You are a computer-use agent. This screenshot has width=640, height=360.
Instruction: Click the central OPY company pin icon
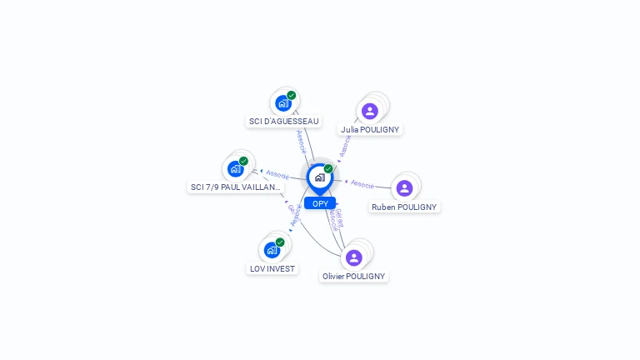click(x=319, y=177)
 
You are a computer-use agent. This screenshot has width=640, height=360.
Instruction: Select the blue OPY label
click(x=320, y=203)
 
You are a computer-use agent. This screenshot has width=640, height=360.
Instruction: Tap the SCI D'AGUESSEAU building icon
click(x=283, y=103)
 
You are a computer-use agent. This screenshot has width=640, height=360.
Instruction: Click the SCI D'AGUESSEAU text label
click(x=283, y=122)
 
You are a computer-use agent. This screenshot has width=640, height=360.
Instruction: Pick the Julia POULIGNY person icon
click(x=370, y=111)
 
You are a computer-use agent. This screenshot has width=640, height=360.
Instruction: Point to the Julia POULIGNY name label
click(x=370, y=130)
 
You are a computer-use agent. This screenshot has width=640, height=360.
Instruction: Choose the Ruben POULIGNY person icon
click(x=404, y=188)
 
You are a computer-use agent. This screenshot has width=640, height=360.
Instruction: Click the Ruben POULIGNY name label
click(x=404, y=207)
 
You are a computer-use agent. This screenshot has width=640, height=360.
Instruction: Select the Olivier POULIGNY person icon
click(x=354, y=257)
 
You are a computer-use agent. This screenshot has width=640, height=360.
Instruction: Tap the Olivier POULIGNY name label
click(x=354, y=276)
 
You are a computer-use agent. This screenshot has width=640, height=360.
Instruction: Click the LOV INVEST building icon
click(x=272, y=250)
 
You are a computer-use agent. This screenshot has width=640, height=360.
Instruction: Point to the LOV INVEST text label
click(x=272, y=268)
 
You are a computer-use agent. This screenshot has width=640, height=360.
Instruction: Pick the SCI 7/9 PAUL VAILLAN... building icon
click(x=236, y=169)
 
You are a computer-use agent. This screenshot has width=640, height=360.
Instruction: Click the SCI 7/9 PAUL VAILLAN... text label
click(x=236, y=187)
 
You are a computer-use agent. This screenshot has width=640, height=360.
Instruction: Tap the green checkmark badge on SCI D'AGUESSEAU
click(x=292, y=95)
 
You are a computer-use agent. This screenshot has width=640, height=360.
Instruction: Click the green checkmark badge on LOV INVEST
click(x=280, y=242)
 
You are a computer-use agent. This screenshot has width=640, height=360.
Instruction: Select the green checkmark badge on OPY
click(x=328, y=168)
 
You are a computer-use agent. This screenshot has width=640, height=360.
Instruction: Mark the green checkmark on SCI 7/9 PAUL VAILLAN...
click(x=243, y=161)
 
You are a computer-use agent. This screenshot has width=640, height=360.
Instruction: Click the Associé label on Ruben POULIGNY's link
click(x=362, y=183)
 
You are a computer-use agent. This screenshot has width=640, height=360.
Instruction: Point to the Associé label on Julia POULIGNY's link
click(x=346, y=147)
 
